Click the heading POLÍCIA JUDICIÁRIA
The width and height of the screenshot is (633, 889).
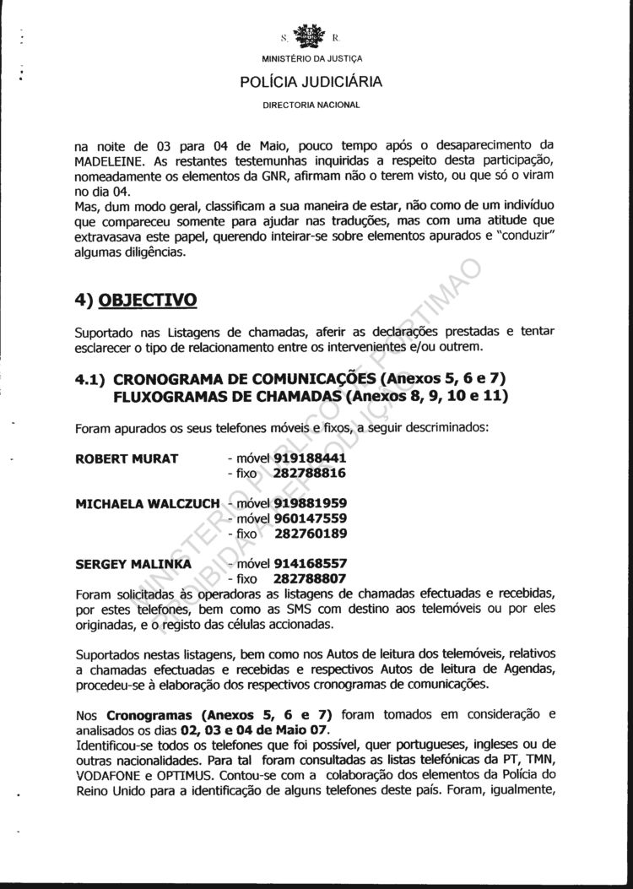pyautogui.click(x=311, y=82)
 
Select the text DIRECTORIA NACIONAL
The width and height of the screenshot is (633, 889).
pyautogui.click(x=311, y=106)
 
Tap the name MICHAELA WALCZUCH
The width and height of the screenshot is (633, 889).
pyautogui.click(x=148, y=503)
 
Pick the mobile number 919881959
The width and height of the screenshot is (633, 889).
pyautogui.click(x=310, y=503)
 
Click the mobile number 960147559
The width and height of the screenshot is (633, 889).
pyautogui.click(x=310, y=518)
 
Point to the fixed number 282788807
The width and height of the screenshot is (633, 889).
pyautogui.click(x=310, y=578)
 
